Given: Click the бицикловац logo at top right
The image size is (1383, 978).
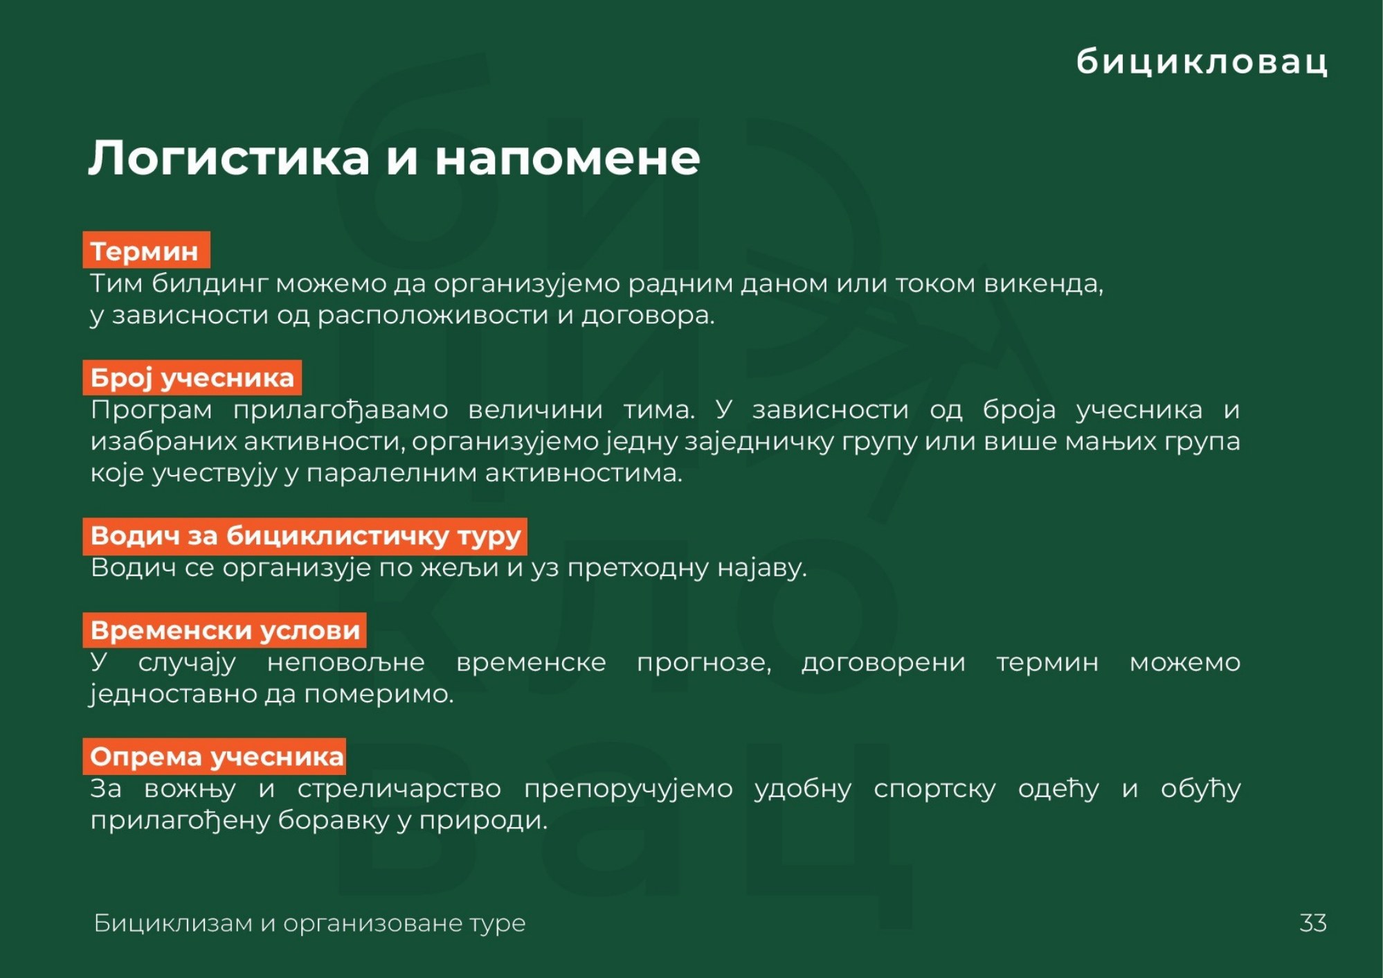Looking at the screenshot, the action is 1202,61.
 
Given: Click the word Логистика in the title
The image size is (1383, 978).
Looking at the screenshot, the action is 229,157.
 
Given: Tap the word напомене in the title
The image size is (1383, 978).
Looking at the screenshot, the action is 568,159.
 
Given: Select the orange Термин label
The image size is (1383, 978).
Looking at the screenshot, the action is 146,250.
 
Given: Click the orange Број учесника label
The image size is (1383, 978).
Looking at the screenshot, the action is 192,378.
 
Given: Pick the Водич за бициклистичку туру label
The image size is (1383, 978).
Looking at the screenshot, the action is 305,536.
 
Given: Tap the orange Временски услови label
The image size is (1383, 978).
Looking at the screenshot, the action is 225,630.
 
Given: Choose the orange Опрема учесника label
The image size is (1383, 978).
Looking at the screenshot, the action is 215,756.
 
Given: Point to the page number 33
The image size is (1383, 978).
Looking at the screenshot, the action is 1313,923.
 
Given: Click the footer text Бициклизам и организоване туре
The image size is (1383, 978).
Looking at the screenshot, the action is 309,923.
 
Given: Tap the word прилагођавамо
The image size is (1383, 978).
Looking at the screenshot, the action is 341,410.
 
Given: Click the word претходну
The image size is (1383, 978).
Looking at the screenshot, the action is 638,569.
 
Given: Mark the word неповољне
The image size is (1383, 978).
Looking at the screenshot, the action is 346,663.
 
